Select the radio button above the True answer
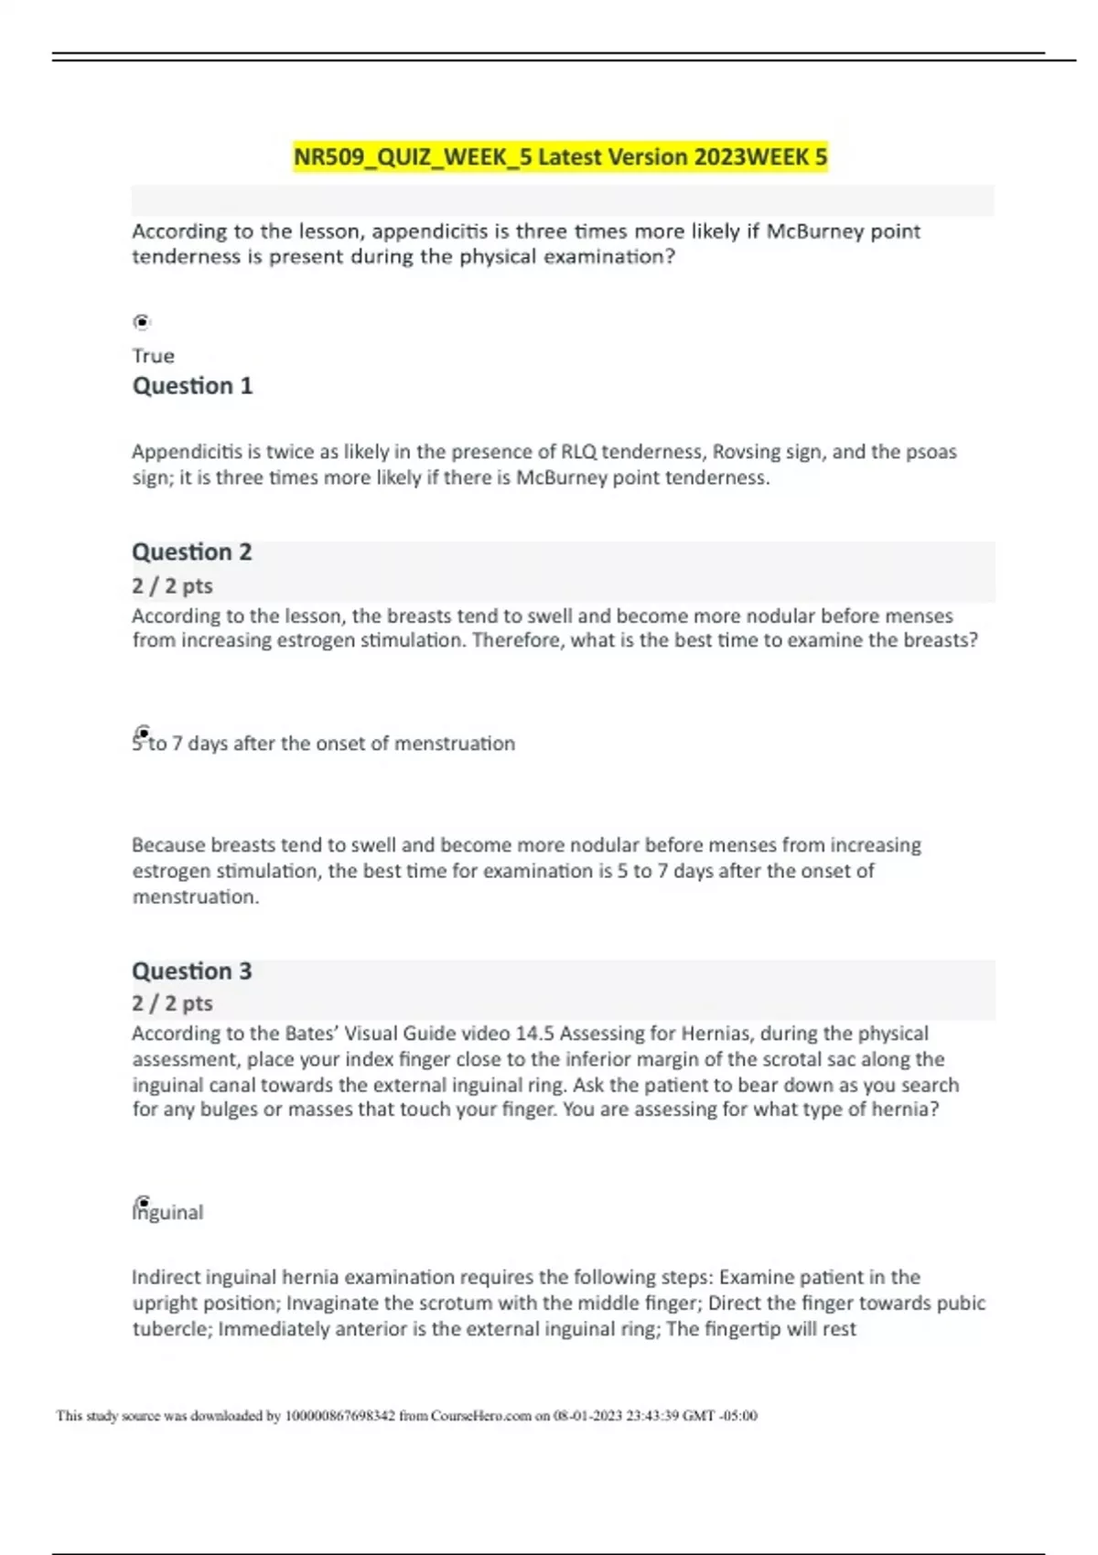tap(141, 322)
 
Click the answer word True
tap(153, 356)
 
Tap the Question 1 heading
tap(192, 386)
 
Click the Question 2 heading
tap(192, 552)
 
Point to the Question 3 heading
tap(192, 971)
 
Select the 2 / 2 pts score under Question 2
tap(172, 586)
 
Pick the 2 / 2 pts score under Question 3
tap(172, 1003)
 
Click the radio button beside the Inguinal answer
tap(143, 1202)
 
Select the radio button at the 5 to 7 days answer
tap(143, 733)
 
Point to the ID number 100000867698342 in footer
tap(340, 1416)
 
